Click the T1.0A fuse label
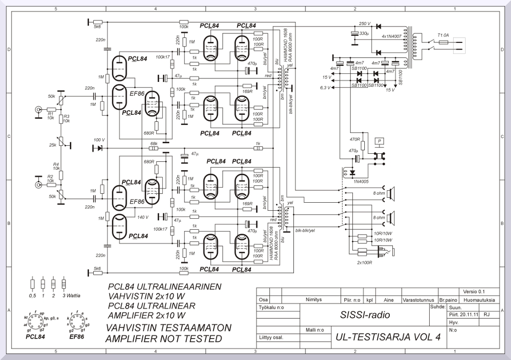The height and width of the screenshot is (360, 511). point(443,35)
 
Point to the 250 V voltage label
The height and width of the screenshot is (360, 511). point(365,23)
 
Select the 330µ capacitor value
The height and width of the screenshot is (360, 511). point(364,33)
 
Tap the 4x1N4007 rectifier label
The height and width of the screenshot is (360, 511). point(392,36)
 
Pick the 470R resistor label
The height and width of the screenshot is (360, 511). point(355,140)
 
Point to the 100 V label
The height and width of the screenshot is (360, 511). point(99,140)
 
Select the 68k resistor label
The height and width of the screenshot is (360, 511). point(154,143)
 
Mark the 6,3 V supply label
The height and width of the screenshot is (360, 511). point(325,88)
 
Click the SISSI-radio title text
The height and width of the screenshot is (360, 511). point(364,315)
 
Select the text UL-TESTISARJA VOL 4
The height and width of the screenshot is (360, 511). point(388,337)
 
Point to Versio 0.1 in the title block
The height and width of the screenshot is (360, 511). point(474,292)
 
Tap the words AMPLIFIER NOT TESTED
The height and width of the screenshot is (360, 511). point(163,339)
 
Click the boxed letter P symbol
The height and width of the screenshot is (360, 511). point(380,142)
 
